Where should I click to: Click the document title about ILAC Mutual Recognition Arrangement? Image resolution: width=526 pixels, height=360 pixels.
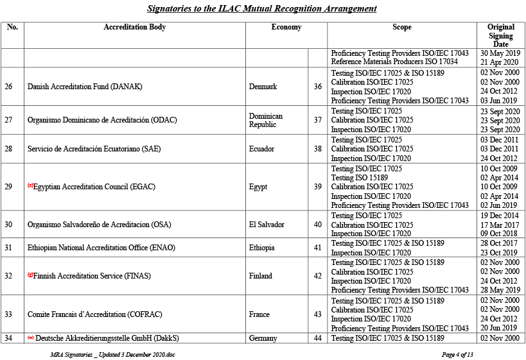(261, 8)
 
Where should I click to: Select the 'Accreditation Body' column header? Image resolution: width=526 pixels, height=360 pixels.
(134, 28)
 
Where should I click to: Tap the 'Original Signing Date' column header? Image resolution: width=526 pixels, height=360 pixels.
(500, 35)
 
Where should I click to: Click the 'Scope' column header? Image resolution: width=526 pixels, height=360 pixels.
(401, 28)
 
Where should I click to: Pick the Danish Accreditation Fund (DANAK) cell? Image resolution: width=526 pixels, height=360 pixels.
(85, 87)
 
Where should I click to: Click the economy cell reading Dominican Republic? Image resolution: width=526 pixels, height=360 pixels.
(265, 120)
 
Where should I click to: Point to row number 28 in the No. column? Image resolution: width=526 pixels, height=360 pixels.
(8, 149)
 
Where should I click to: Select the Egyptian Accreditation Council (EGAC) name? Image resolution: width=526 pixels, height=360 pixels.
(94, 187)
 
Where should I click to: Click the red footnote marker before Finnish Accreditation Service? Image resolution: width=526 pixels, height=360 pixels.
(30, 275)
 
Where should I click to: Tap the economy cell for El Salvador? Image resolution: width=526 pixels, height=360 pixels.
(267, 225)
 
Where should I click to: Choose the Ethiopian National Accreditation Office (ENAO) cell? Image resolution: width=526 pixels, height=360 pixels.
(101, 248)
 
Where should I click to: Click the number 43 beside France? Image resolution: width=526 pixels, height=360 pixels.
(317, 314)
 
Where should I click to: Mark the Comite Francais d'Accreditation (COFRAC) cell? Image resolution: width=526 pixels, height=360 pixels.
(93, 314)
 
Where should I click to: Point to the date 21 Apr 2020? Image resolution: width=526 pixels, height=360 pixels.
(500, 62)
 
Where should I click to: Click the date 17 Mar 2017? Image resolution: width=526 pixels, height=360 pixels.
(500, 225)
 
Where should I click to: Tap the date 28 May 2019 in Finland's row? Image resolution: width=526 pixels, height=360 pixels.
(500, 290)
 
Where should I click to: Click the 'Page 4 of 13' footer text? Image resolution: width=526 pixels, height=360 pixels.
(457, 354)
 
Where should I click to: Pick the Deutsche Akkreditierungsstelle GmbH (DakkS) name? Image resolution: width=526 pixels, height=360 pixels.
(107, 338)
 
